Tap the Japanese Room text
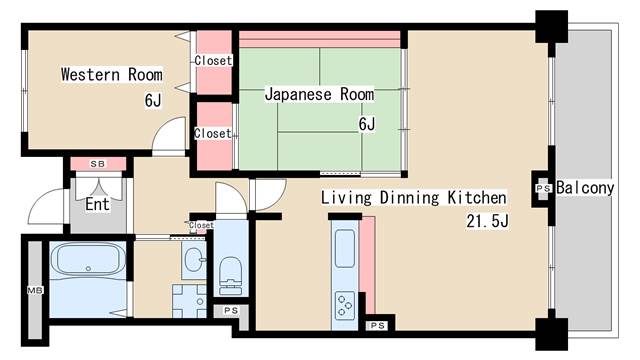pyautogui.click(x=319, y=94)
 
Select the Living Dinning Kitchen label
pyautogui.click(x=413, y=197)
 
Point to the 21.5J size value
pyautogui.click(x=487, y=221)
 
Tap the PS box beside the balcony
pyautogui.click(x=543, y=188)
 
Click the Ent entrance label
pyautogui.click(x=96, y=205)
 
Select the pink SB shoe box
pyautogui.click(x=97, y=164)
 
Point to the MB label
pyautogui.click(x=33, y=291)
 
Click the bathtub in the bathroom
pyautogui.click(x=87, y=261)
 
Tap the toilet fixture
pyautogui.click(x=231, y=269)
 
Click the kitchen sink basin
pyautogui.click(x=343, y=248)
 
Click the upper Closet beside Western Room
pyautogui.click(x=213, y=60)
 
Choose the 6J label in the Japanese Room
pyautogui.click(x=366, y=124)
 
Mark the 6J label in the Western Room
pyautogui.click(x=152, y=100)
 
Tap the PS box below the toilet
pyautogui.click(x=231, y=311)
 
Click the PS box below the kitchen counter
pyautogui.click(x=378, y=326)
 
